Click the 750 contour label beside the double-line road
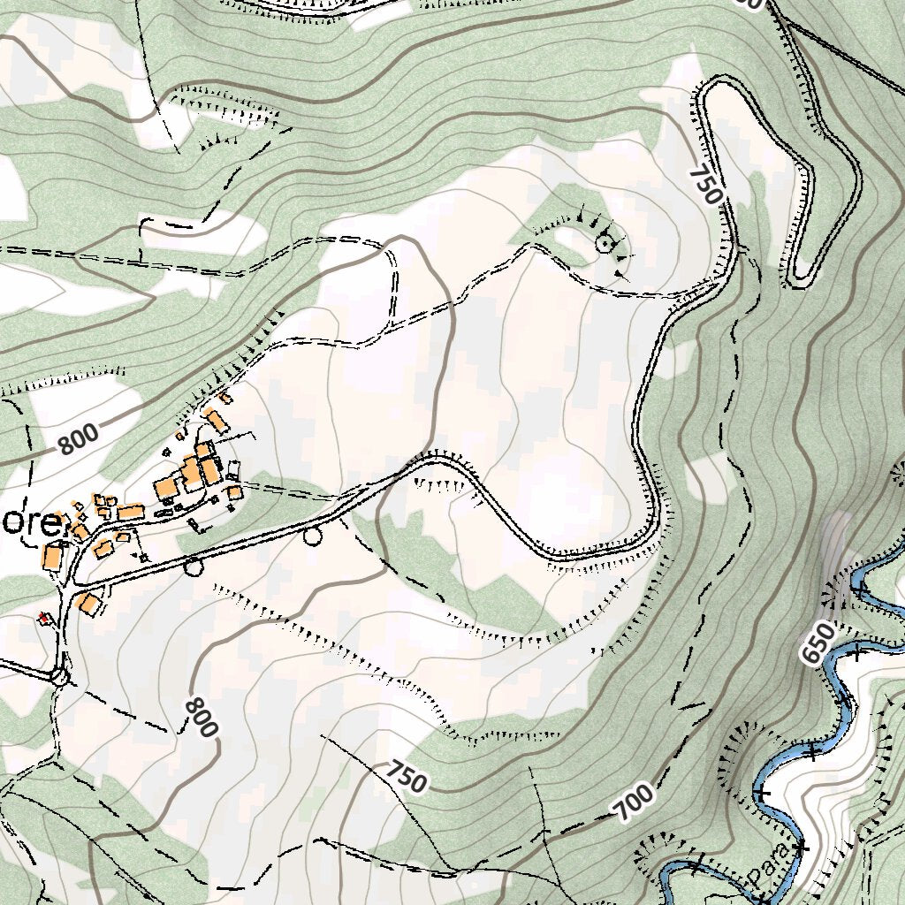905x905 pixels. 706,184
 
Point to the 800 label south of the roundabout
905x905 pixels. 201,717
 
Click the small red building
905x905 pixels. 44,619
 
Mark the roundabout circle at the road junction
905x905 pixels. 59,677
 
